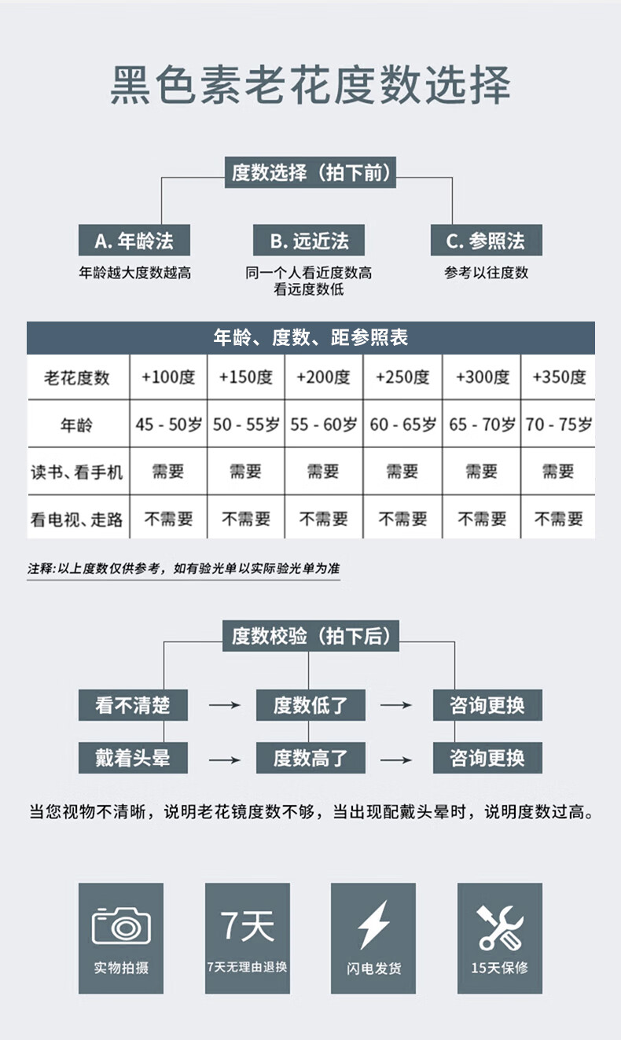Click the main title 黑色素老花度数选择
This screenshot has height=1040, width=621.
pyautogui.click(x=310, y=86)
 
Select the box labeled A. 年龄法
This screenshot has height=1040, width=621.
pyautogui.click(x=134, y=241)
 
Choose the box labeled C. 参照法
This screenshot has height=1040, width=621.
pyautogui.click(x=486, y=241)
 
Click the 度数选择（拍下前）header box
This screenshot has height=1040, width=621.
pyautogui.click(x=310, y=172)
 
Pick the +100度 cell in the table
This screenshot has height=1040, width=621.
pyautogui.click(x=168, y=377)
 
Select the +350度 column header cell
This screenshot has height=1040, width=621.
pyautogui.click(x=559, y=377)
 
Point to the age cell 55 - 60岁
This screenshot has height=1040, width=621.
pyautogui.click(x=324, y=424)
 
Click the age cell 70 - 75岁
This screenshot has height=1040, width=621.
pyautogui.click(x=559, y=424)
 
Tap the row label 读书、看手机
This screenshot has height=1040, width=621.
pyautogui.click(x=77, y=472)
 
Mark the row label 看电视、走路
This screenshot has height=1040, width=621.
pyautogui.click(x=77, y=519)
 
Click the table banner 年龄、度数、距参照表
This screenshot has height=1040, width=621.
pyautogui.click(x=310, y=338)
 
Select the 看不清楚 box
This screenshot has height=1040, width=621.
pyautogui.click(x=133, y=705)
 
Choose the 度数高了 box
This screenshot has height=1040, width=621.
pyautogui.click(x=310, y=759)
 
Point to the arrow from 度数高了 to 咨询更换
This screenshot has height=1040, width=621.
pyautogui.click(x=396, y=759)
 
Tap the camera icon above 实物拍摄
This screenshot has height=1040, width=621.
pyautogui.click(x=121, y=925)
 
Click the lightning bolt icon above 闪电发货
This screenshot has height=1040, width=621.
pyautogui.click(x=373, y=925)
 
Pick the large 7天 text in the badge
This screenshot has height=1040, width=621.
pyautogui.click(x=247, y=925)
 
